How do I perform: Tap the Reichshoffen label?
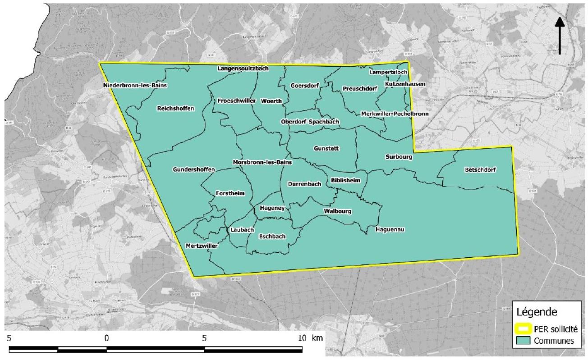coord(176,108)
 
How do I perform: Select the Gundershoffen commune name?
coord(194,169)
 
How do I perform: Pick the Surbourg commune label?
coord(399,157)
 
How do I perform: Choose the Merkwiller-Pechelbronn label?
coord(395,114)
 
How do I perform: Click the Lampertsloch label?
coord(388,72)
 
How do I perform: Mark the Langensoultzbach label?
coord(243,68)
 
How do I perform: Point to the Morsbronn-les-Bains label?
coord(262,162)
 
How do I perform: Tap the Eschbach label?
coord(272,236)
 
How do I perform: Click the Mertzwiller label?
coord(202,246)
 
